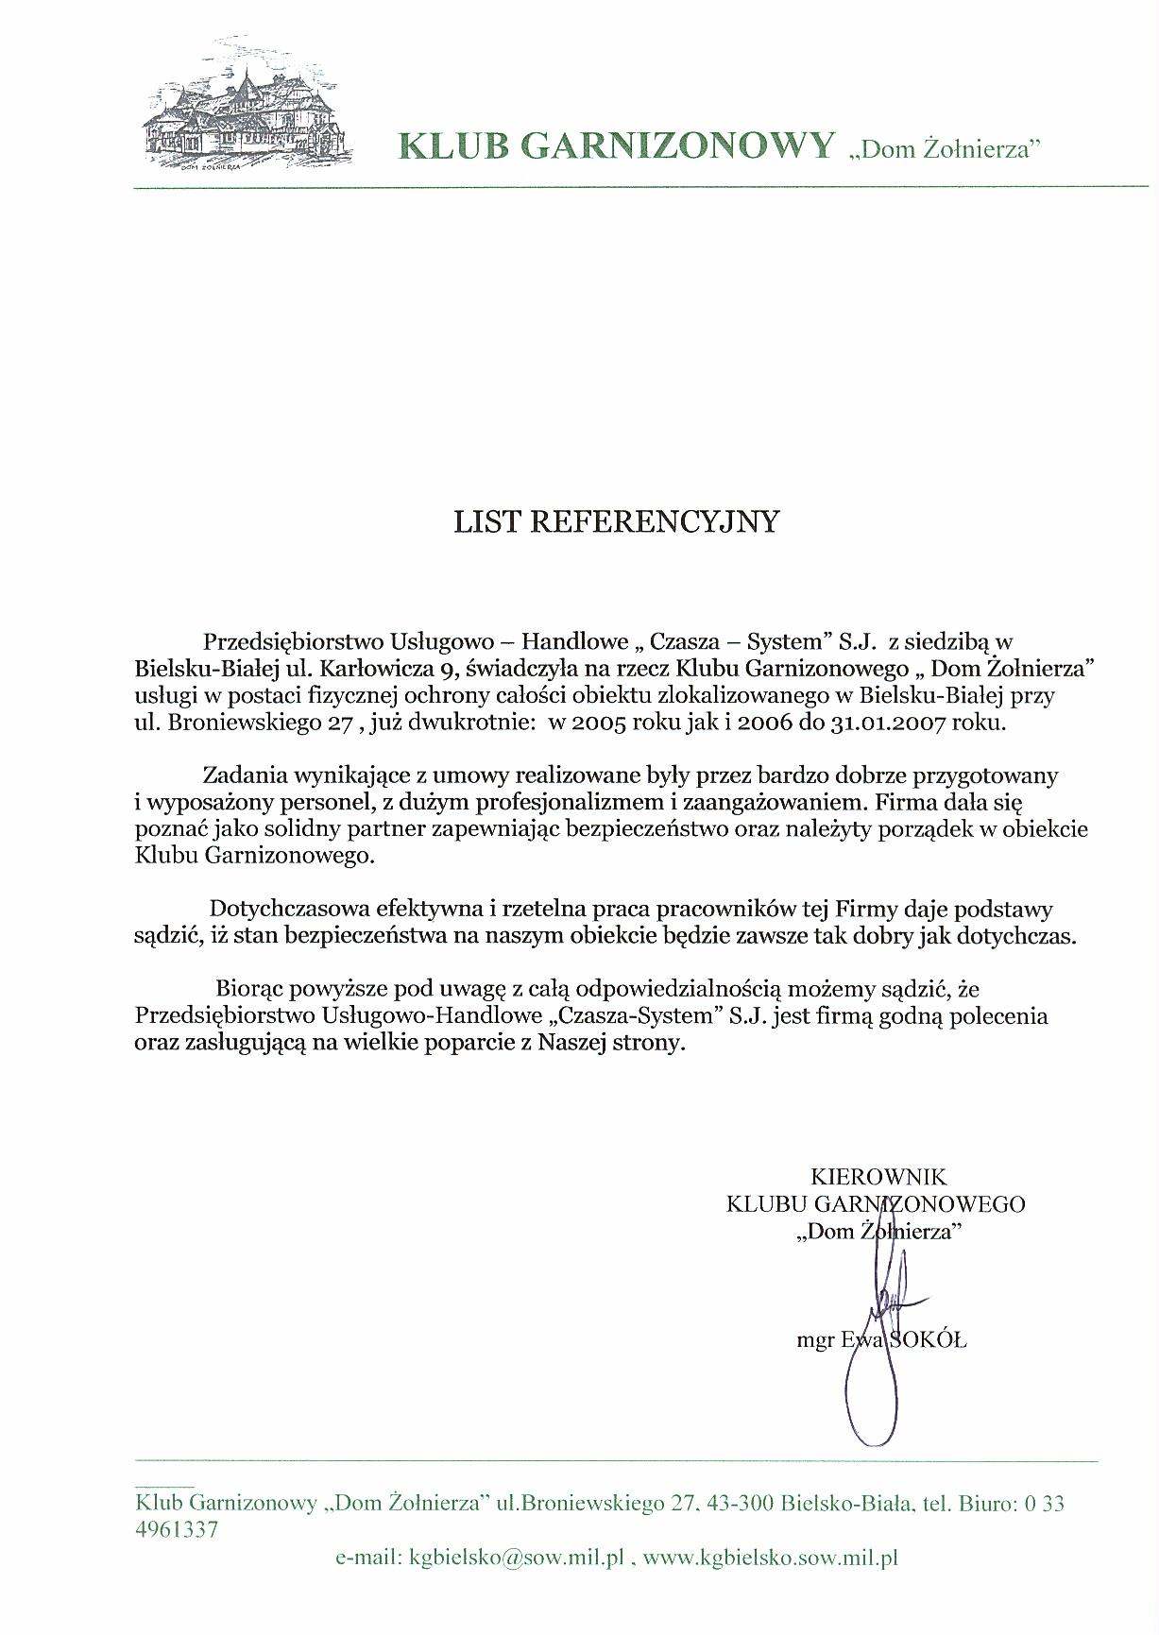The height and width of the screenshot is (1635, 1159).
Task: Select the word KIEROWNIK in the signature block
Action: point(878,1177)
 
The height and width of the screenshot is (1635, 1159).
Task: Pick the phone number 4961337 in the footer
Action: point(178,1529)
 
